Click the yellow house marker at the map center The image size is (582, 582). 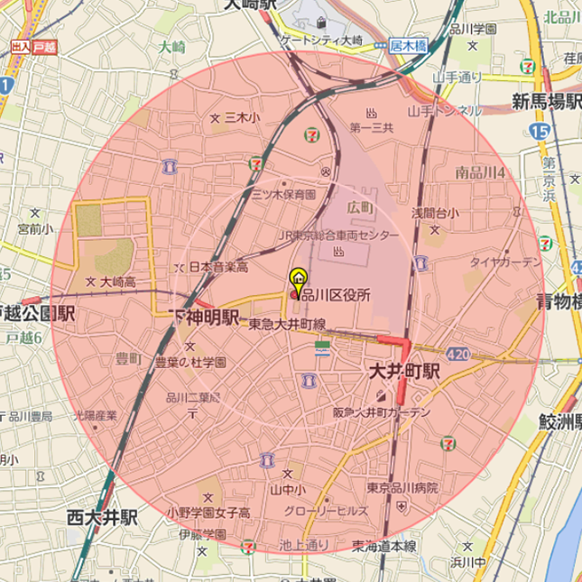[x=297, y=278]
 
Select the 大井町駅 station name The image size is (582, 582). [x=403, y=371]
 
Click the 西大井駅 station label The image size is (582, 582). [x=102, y=517]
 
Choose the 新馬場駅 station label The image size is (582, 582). [x=545, y=100]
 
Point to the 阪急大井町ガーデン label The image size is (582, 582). [x=381, y=412]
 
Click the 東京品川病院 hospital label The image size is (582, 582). [x=402, y=487]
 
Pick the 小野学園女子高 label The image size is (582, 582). [x=208, y=512]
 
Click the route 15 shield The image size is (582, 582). [x=540, y=132]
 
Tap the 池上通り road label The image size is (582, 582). [x=304, y=544]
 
